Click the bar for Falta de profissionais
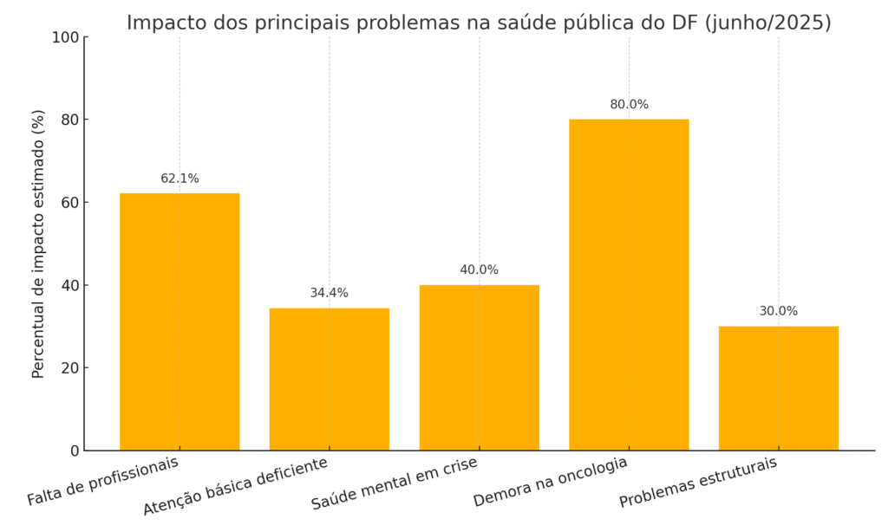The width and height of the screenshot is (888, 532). (180, 321)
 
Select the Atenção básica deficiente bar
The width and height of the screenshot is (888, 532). (330, 379)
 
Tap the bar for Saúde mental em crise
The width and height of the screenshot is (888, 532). (479, 367)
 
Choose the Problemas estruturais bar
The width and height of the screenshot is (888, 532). (779, 388)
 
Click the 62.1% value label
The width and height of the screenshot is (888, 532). (180, 179)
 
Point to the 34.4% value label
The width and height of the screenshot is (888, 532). (330, 294)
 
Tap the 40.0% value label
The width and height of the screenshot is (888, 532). (479, 270)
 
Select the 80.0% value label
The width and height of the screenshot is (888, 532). (629, 105)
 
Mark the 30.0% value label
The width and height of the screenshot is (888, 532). (779, 312)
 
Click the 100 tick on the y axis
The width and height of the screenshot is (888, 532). (65, 37)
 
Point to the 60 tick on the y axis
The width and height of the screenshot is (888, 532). (69, 203)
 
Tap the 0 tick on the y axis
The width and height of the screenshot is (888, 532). (75, 451)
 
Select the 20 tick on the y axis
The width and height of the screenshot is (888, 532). (69, 368)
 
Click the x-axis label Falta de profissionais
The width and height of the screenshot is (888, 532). (103, 481)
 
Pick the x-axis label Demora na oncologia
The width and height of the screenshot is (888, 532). (551, 482)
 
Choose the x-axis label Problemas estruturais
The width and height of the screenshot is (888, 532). (699, 483)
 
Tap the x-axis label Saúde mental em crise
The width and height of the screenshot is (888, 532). (395, 483)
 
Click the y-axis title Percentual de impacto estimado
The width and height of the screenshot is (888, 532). (38, 243)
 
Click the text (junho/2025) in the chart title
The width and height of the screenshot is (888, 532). (768, 23)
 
